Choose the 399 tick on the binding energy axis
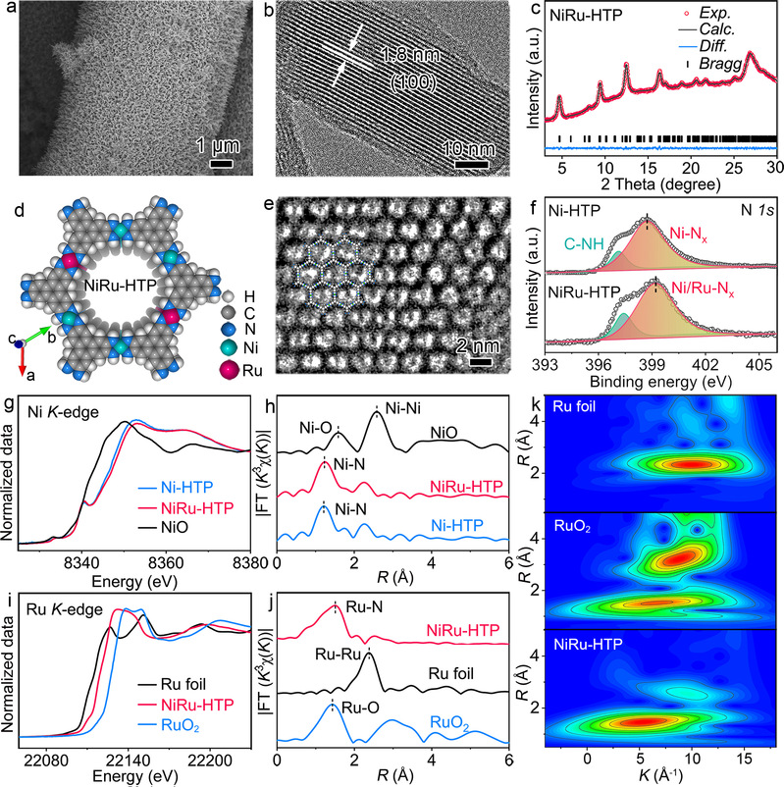(653, 383)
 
